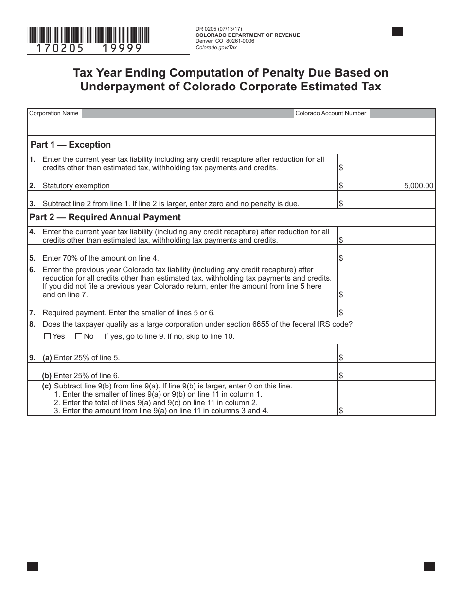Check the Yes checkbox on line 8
(48, 336)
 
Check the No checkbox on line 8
(78, 336)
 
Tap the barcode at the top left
(89, 35)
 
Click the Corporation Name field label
(54, 113)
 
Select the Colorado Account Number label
(331, 113)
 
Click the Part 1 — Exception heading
(71, 145)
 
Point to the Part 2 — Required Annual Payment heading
(105, 217)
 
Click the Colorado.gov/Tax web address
(216, 47)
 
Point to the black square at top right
(397, 32)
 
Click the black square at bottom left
(33, 566)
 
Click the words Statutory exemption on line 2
(76, 186)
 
